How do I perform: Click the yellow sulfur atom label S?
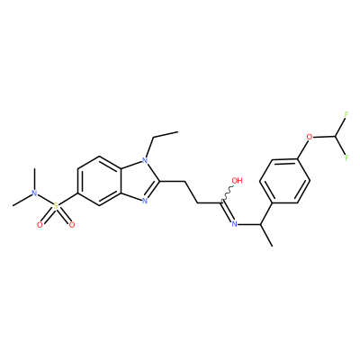56,206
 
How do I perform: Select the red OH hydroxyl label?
237,181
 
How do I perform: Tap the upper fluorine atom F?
346,114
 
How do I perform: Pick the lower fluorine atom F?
346,157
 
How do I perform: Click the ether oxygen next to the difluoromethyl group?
310,138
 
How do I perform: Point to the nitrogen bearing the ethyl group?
145,160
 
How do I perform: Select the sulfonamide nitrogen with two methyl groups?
35,193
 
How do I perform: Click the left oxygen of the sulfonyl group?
40,224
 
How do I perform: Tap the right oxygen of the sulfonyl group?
71,224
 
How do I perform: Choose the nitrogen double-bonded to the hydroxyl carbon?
235,224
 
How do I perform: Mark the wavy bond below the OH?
227,193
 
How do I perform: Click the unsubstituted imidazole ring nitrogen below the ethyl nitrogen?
145,201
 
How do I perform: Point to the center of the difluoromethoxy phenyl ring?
284,181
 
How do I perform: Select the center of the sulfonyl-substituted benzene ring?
99,181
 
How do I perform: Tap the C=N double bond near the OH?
227,211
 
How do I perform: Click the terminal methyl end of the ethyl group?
178,131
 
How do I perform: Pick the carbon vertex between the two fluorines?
336,137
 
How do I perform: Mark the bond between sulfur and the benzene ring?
67,199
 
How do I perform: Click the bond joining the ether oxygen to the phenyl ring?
302,149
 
